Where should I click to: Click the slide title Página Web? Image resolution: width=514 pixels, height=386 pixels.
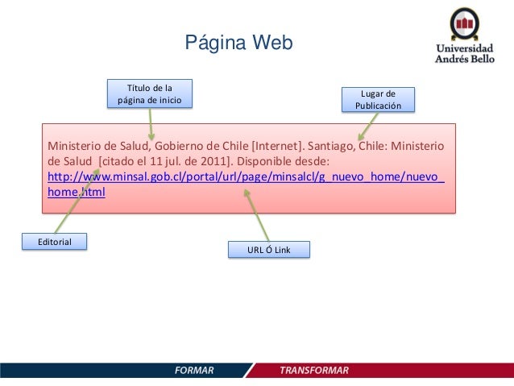[239, 43]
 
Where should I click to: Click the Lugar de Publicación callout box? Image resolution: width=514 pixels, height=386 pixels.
[378, 99]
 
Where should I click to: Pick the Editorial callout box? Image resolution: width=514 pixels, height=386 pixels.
[56, 241]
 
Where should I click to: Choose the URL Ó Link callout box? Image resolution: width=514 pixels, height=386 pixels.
[269, 251]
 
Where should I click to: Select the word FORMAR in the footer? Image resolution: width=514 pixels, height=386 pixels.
[194, 370]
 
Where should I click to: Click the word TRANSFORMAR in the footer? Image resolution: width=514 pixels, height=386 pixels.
[314, 370]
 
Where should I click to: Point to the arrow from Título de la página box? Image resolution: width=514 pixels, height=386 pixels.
[150, 123]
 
